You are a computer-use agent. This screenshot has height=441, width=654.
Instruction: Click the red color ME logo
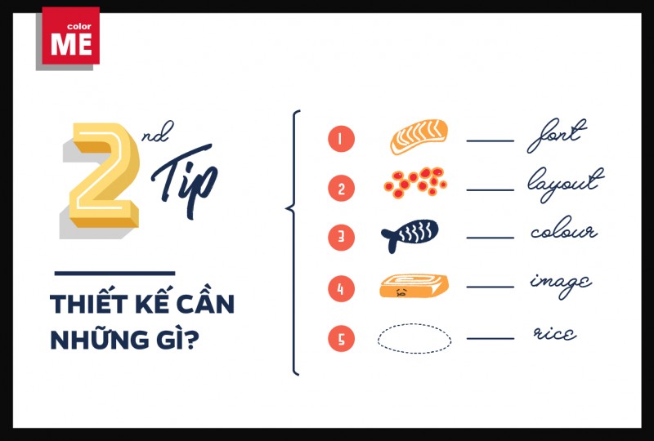[71, 36]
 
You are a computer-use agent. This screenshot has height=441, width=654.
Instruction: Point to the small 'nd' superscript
[158, 132]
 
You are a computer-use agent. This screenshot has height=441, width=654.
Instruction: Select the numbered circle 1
[341, 139]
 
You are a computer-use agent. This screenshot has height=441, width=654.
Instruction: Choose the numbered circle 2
[341, 188]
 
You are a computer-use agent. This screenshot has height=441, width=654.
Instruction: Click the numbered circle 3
[341, 237]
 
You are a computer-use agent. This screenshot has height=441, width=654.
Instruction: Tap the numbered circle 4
[341, 288]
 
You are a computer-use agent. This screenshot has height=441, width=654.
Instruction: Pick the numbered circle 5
[341, 338]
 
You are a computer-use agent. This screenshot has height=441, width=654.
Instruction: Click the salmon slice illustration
[419, 136]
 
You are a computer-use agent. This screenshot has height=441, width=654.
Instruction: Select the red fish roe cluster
[415, 183]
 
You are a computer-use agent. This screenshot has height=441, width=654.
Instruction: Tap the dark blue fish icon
[410, 235]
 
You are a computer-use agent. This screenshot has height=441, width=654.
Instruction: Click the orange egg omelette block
[414, 286]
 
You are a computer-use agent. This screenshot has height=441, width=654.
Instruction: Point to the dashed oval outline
[414, 324]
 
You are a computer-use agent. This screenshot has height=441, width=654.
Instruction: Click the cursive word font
[557, 136]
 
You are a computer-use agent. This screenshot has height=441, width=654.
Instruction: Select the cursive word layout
[566, 185]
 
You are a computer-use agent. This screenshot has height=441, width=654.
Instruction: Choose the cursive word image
[561, 285]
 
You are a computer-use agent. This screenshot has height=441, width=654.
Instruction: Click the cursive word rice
[555, 333]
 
